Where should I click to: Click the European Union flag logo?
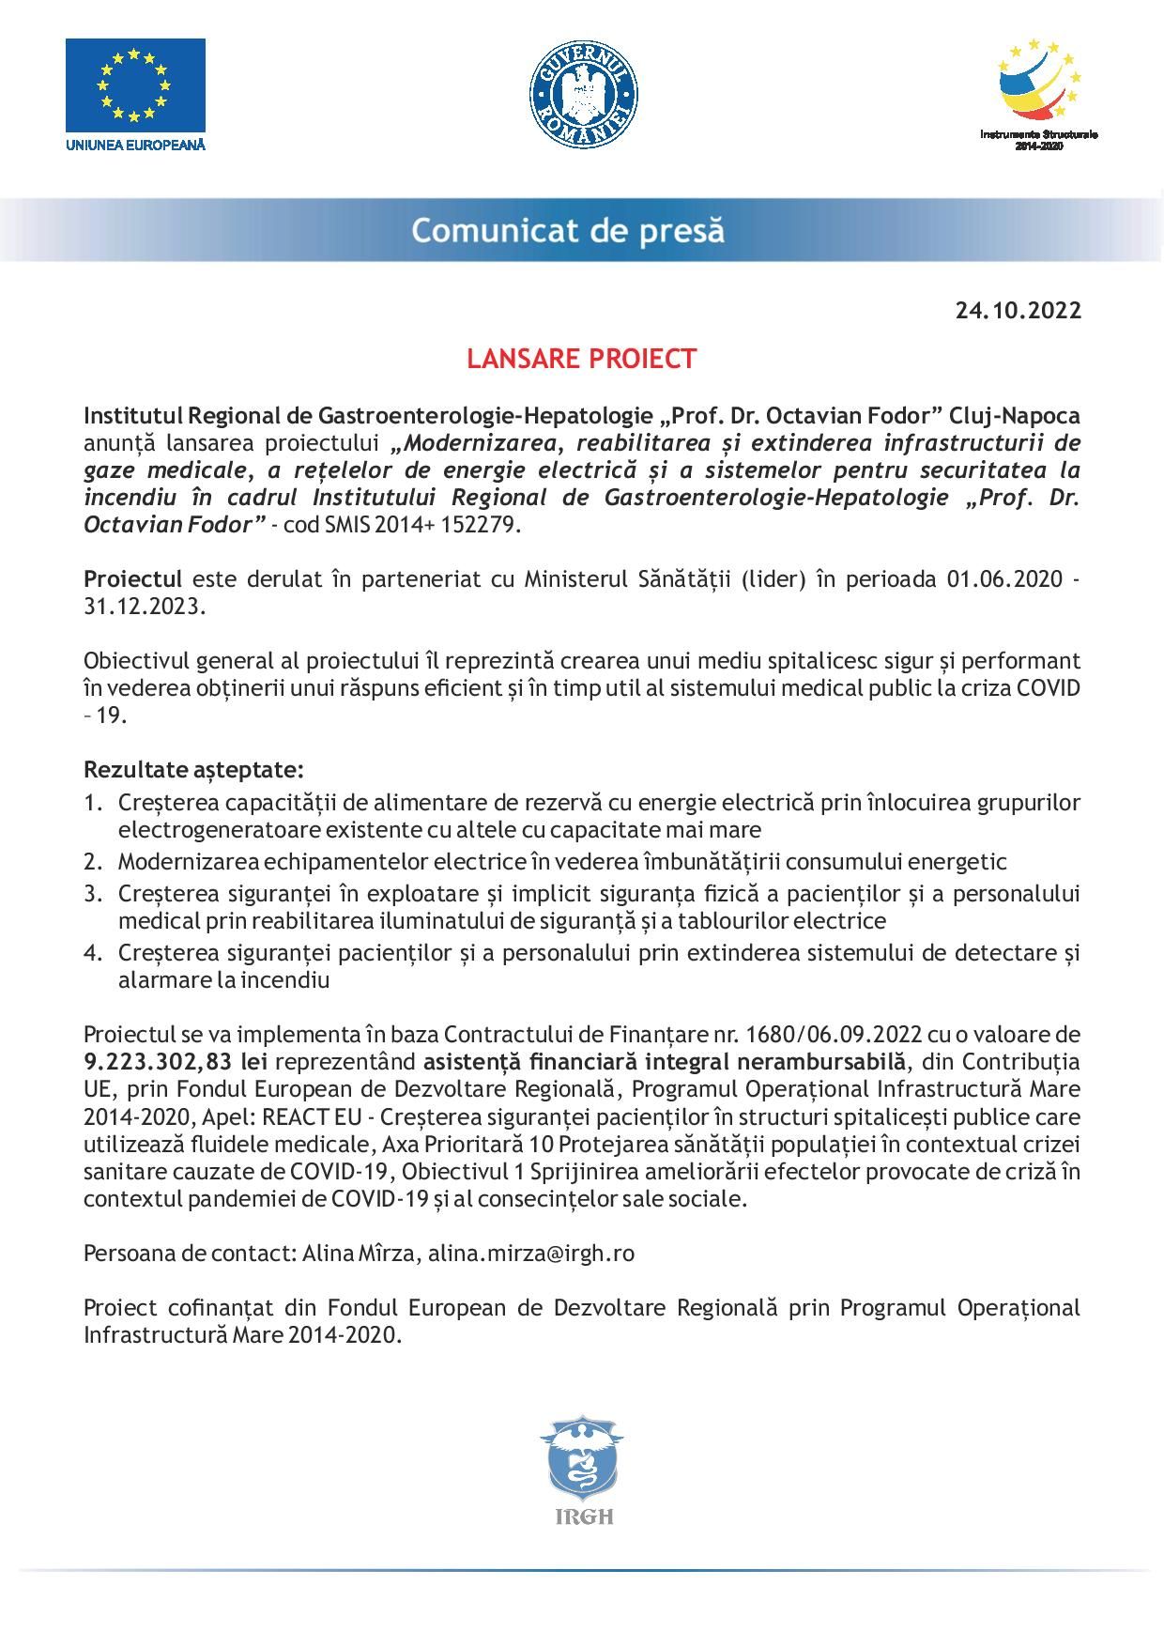pos(135,85)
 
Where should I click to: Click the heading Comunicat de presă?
pos(568,230)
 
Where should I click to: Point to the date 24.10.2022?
pos(1018,310)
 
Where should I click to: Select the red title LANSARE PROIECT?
pos(582,359)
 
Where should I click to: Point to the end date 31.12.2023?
pos(142,606)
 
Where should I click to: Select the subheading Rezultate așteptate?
pos(193,770)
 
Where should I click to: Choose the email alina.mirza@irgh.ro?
pos(531,1254)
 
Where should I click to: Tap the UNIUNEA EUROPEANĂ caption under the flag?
pos(135,145)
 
